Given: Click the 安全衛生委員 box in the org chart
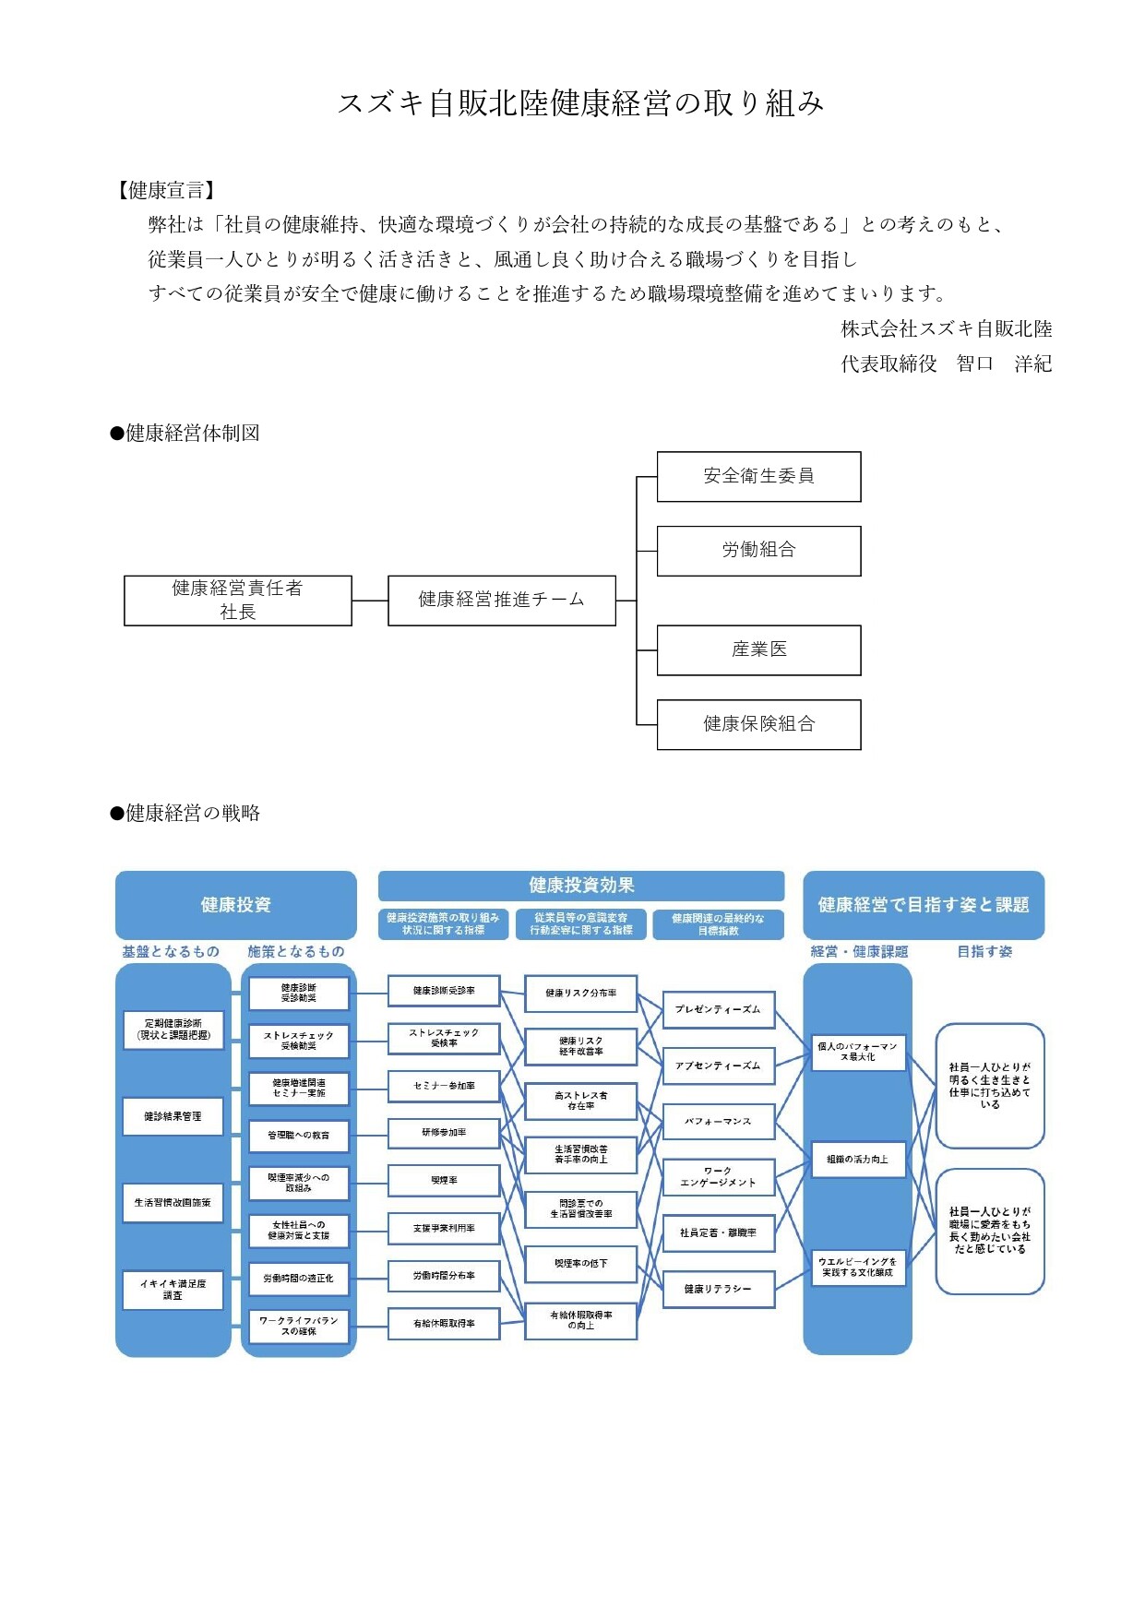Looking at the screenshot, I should [x=758, y=476].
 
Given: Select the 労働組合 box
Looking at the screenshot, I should [x=758, y=551].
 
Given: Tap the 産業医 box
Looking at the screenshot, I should [x=758, y=650].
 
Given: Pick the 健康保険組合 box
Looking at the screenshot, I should [x=758, y=724].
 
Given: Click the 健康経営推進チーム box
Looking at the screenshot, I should [x=501, y=601].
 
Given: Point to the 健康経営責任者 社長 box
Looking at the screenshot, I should [x=237, y=601].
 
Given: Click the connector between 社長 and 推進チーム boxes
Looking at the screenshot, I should [x=370, y=601].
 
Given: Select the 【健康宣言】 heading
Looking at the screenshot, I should [x=166, y=191].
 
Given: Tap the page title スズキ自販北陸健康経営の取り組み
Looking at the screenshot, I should [x=580, y=103].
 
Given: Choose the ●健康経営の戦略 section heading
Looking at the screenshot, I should [x=185, y=813].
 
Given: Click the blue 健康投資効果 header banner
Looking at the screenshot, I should [x=580, y=886].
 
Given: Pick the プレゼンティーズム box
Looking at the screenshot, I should [x=718, y=1009].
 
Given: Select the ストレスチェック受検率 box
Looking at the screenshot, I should [x=444, y=1038].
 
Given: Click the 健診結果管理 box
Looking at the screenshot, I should [x=173, y=1116].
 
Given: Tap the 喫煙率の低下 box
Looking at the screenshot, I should [x=580, y=1264].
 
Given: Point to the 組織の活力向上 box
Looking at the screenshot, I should [x=857, y=1160].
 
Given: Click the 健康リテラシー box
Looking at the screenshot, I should [x=718, y=1289].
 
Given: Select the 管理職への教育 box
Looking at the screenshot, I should [x=298, y=1136].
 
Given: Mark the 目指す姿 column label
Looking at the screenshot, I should [x=984, y=951].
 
